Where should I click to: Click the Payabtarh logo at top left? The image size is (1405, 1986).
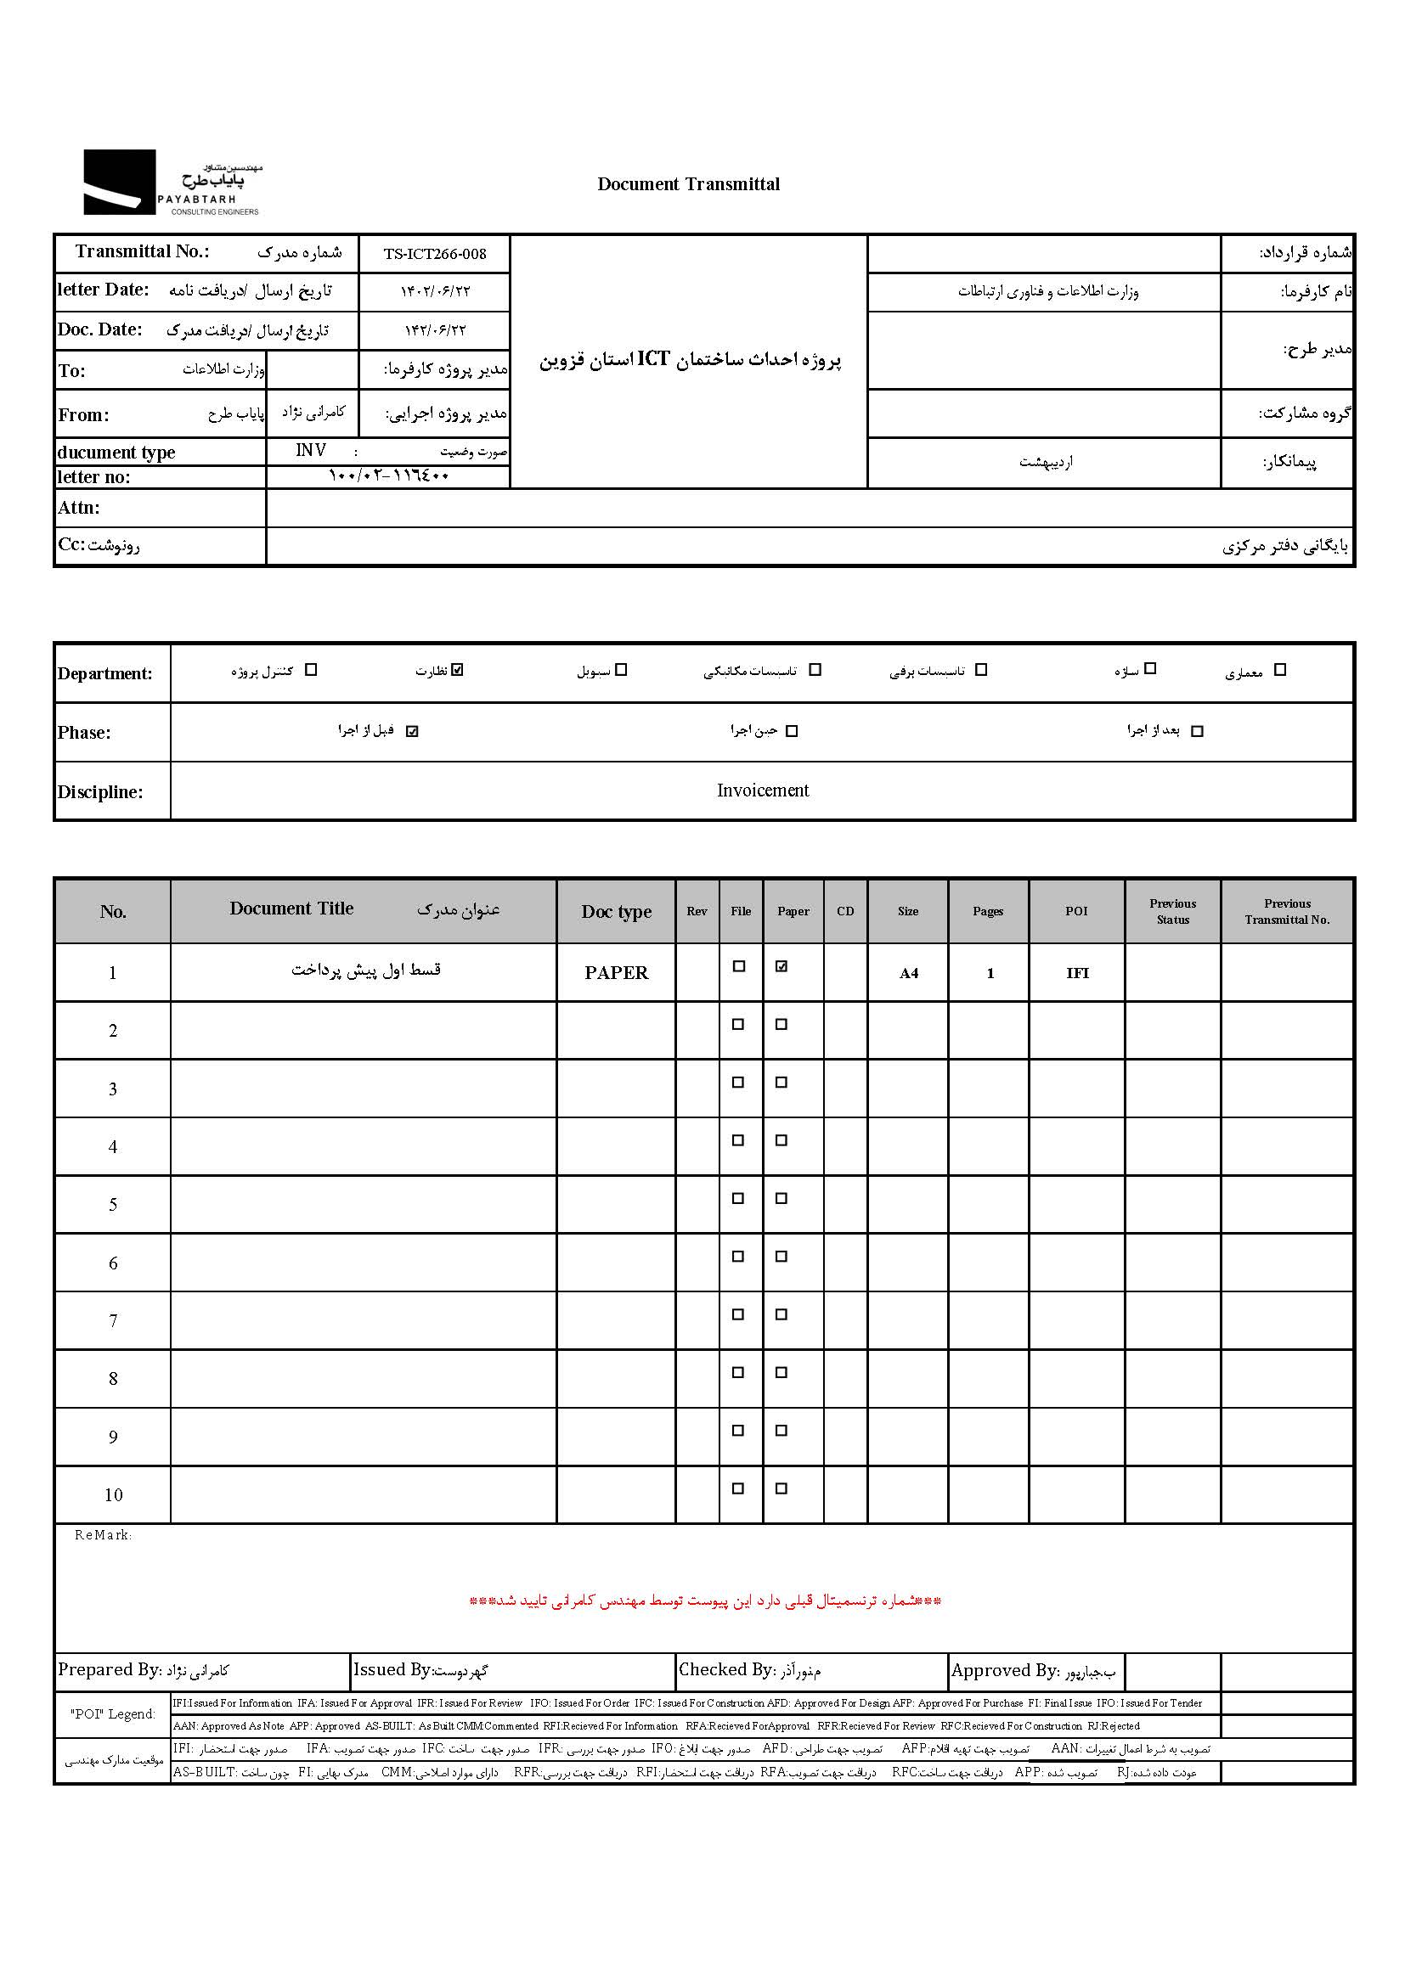pos(172,183)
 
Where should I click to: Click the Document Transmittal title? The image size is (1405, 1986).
pos(688,184)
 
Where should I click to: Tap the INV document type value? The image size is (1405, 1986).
pos(311,451)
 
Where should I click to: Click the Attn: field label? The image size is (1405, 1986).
pos(79,508)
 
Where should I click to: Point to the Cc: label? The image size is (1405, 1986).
pos(72,545)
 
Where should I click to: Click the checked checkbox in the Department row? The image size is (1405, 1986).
pos(458,669)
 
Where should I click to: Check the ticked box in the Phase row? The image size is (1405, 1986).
pos(412,731)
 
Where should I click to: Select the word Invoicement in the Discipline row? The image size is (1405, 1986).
pos(762,790)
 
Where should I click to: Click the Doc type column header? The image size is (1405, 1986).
pos(616,912)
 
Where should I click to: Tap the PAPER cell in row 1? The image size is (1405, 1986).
pos(616,973)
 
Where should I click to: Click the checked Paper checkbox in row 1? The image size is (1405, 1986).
pos(781,966)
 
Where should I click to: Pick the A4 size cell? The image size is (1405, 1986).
pos(908,974)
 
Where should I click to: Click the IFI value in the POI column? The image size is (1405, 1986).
pos(1077,974)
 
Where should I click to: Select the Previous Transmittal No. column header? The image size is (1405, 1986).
pos(1286,912)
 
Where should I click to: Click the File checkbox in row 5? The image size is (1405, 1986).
pos(738,1198)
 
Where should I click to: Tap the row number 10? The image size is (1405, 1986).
pos(113,1494)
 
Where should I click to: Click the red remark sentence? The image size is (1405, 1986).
pos(704,1601)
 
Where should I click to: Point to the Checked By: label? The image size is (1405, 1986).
pos(725,1669)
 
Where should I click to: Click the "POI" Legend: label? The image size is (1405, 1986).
pos(112,1714)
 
